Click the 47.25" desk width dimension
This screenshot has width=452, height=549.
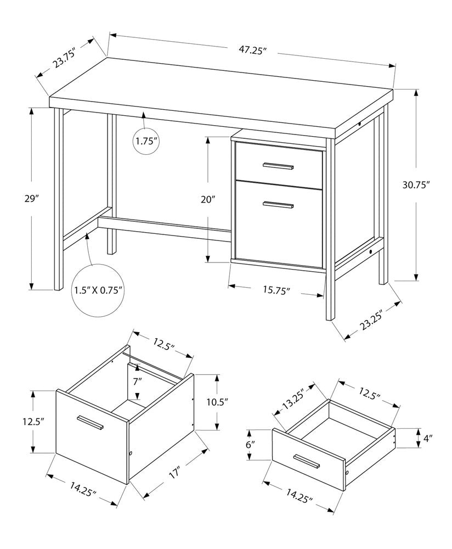point(252,50)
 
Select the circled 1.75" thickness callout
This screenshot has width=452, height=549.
point(146,141)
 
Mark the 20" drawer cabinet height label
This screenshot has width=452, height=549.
point(208,200)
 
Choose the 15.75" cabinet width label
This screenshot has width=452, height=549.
point(276,290)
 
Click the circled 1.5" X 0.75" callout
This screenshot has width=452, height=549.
point(99,289)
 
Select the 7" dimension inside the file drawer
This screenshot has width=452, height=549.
point(137,380)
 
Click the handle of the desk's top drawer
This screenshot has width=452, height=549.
point(278,165)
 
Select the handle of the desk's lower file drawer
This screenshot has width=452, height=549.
point(278,205)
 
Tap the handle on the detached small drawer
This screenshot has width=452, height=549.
point(306,461)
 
